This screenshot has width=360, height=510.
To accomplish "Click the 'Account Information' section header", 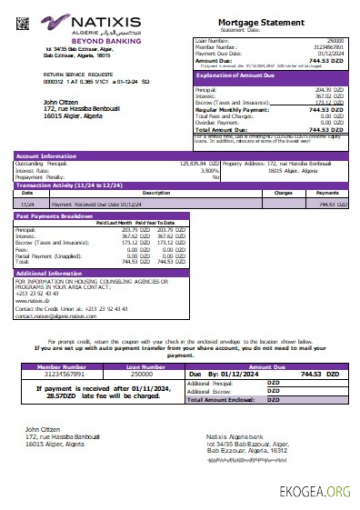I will [45, 155].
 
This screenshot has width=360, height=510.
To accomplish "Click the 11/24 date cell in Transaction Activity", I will [27, 205].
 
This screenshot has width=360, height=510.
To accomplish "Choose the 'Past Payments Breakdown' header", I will [55, 216].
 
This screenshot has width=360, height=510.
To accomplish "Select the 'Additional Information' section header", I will [50, 273].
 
